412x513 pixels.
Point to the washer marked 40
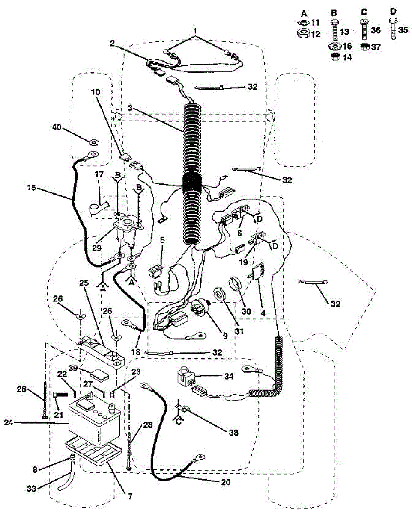coord(93,141)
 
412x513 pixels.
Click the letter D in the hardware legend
coord(394,10)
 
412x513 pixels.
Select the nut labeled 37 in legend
coord(365,47)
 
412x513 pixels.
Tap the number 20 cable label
coord(226,483)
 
